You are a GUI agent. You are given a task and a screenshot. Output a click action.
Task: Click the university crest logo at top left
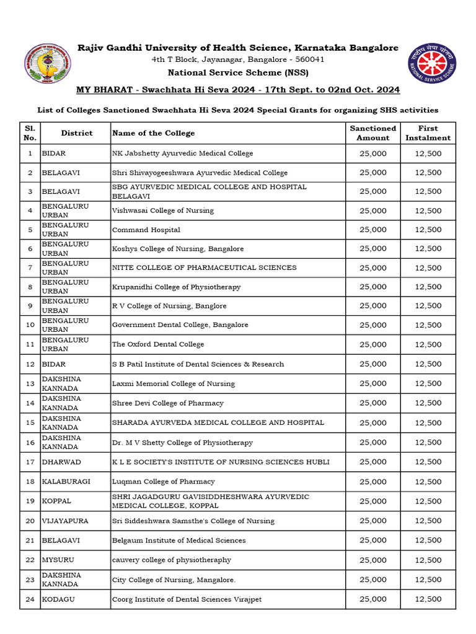46,66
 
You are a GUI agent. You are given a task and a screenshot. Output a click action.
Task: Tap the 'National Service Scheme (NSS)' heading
237,72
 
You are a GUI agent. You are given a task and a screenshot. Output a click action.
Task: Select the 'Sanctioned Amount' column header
372,133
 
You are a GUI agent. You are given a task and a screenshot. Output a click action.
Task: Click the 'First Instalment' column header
428,133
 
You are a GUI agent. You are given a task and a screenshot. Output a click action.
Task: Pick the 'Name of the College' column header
154,133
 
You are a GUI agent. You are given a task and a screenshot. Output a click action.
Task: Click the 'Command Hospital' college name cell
146,230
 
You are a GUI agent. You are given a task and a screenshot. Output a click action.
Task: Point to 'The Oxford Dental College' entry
158,344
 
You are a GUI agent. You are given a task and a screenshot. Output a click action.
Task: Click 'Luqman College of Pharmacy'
164,482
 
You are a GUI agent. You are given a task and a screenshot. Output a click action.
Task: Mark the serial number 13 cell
30,383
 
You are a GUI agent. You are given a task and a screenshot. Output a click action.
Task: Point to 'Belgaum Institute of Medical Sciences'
179,541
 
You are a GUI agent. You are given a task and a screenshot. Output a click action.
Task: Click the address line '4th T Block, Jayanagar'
238,59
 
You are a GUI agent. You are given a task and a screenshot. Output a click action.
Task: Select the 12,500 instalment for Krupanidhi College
428,287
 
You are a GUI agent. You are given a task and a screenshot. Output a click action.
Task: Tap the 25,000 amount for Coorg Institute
372,599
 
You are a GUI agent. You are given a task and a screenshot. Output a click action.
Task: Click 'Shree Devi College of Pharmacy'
168,403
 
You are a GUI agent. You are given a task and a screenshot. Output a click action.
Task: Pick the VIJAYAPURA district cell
65,521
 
